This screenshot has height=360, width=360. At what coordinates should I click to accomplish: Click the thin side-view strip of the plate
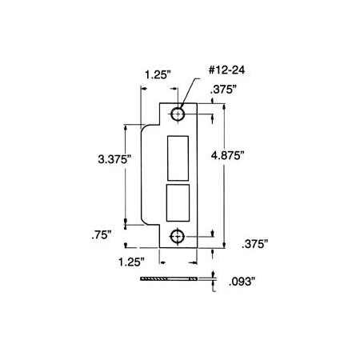click(168, 279)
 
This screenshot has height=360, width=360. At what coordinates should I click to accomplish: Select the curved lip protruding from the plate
click(147, 176)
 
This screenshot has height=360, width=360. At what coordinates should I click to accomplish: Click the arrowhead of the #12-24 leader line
click(183, 109)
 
